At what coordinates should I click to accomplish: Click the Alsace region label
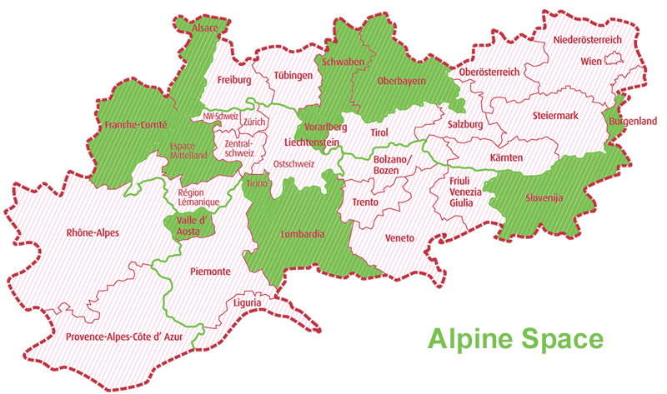pos(205,28)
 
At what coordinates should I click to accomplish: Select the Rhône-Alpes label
pos(91,234)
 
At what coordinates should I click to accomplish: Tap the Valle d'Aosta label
pos(188,226)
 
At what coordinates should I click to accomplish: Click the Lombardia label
pos(303,235)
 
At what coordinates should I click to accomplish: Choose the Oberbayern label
pos(402,81)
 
